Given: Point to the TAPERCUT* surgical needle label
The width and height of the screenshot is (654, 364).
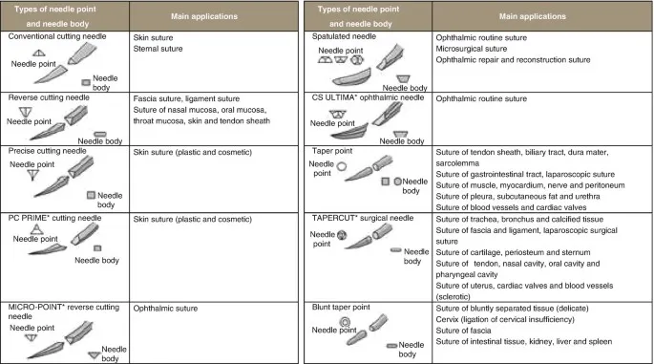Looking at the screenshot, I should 367,218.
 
